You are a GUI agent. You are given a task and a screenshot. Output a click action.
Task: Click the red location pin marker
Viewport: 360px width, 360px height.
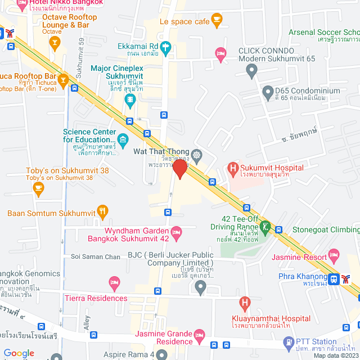[x=179, y=169]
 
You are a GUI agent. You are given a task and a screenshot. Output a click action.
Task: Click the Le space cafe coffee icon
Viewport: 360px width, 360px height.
[x=217, y=21]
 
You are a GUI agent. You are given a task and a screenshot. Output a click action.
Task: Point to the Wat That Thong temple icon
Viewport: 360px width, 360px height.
[x=196, y=154]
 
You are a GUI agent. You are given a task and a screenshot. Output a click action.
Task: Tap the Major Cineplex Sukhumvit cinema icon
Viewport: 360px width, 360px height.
[x=130, y=101]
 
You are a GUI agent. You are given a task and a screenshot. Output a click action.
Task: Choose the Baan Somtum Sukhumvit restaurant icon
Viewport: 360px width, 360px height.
[x=102, y=213]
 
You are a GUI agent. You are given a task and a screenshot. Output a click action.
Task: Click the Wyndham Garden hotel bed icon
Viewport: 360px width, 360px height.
[x=176, y=231]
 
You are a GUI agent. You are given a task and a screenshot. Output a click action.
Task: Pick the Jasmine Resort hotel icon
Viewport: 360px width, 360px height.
[x=334, y=254]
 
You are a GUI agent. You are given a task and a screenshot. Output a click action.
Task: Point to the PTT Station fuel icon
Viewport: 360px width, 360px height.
[x=289, y=342]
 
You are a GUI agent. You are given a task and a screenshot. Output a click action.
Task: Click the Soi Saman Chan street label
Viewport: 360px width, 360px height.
[x=96, y=257]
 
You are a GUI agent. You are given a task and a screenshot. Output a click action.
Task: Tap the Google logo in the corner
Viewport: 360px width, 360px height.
[x=19, y=353]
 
